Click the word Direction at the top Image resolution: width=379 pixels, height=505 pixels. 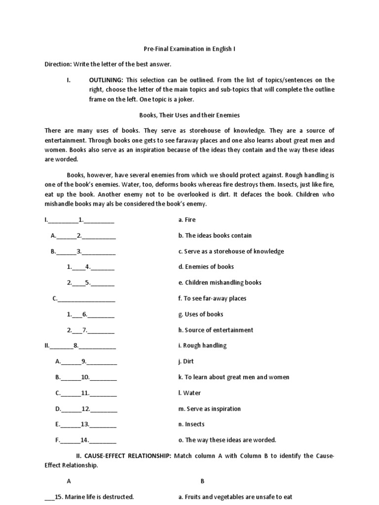coord(58,64)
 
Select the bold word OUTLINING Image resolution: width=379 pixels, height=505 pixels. coord(106,80)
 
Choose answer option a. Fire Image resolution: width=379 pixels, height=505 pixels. coord(187,220)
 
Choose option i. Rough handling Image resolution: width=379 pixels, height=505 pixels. coord(202,346)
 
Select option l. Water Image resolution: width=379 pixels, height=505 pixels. coord(189,393)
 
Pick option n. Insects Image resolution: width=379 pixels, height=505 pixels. coord(191,424)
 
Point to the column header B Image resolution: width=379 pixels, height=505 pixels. coord(202,481)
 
